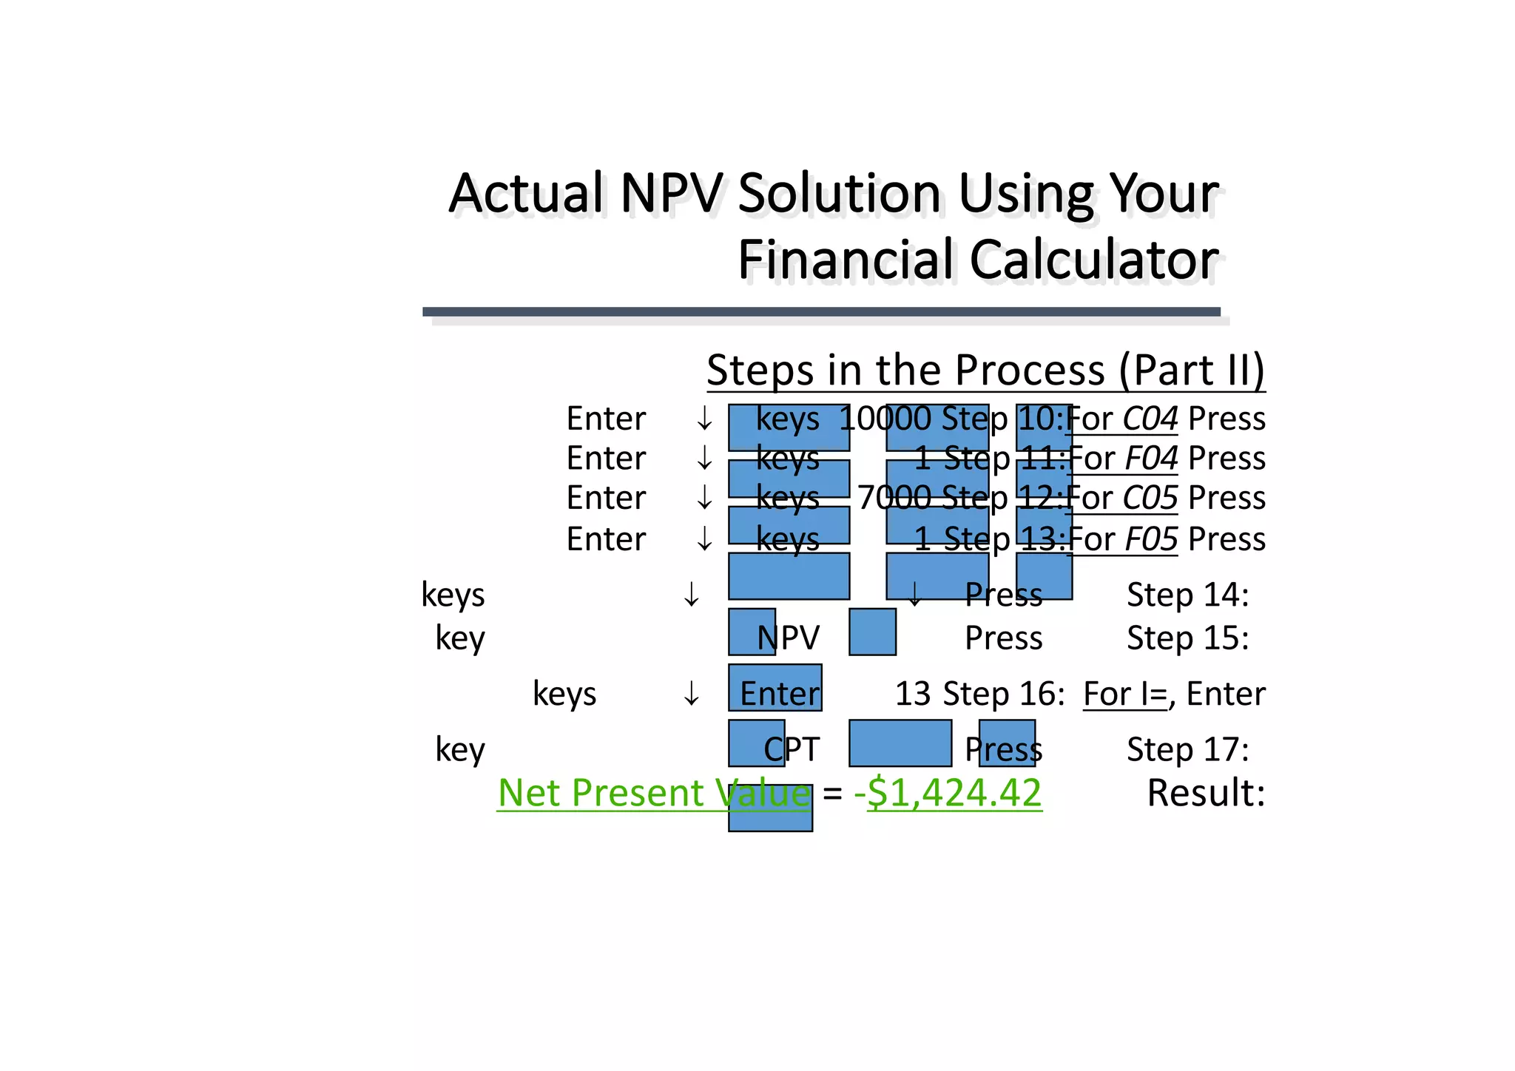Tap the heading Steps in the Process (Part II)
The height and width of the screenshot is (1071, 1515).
pos(985,370)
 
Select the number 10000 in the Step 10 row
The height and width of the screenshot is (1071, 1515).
pos(885,419)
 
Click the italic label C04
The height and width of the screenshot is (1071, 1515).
pos(1150,419)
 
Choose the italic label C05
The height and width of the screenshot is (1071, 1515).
pos(1150,498)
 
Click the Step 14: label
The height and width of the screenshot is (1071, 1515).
pos(1187,595)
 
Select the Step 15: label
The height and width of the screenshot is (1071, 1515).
pos(1187,638)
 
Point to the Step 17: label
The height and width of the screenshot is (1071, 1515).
pos(1187,749)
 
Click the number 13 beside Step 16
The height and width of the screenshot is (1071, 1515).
pos(913,694)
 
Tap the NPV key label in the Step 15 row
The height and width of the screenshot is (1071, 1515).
pos(789,638)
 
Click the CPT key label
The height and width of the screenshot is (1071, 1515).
pos(792,749)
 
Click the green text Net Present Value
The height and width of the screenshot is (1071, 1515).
pos(654,793)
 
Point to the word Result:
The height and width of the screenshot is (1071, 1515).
pos(1206,793)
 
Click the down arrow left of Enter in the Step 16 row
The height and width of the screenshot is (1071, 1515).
pos(692,695)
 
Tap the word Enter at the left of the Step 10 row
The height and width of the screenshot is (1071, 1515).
pos(606,419)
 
